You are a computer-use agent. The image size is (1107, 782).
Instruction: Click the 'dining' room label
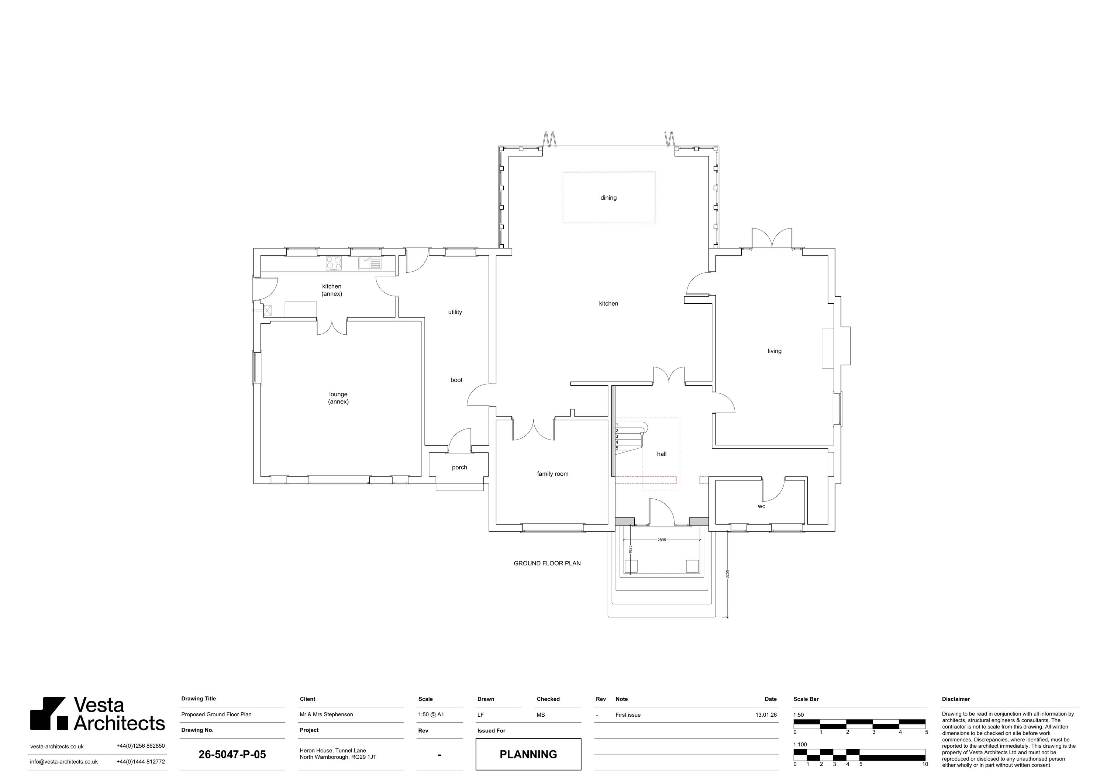[608, 198]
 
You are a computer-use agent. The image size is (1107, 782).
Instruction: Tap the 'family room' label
[552, 474]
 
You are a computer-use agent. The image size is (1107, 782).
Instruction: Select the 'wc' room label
[761, 506]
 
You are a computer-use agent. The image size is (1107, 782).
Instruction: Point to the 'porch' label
[459, 468]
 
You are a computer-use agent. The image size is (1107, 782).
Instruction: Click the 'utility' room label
[455, 312]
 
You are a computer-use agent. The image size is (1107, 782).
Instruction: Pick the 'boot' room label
[456, 380]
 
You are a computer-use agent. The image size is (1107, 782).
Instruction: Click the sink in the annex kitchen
[370, 263]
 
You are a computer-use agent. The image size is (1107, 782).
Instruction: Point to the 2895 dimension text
[662, 540]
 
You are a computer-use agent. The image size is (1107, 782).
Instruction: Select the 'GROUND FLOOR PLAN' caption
[547, 563]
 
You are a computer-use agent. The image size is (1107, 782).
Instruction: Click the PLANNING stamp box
[528, 754]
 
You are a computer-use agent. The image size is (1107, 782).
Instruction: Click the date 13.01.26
[766, 715]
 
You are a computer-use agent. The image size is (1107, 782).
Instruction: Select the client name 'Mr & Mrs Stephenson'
[327, 714]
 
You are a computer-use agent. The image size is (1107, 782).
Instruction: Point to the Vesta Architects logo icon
[49, 713]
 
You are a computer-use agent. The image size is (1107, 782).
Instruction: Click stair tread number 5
[617, 448]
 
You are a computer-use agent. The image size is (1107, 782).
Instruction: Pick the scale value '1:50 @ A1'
[431, 714]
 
